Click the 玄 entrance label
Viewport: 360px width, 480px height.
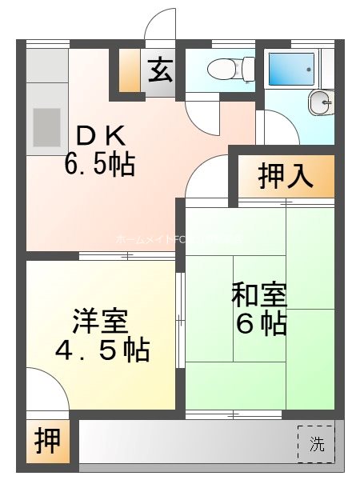coord(159,70)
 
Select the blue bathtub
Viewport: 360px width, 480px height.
coord(291,69)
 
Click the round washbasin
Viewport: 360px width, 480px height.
coord(320,101)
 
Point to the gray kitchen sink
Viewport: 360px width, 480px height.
coord(46,126)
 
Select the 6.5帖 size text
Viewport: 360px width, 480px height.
coord(99,165)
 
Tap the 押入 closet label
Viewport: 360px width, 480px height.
coord(285,178)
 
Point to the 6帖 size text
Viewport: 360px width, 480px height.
coord(261,324)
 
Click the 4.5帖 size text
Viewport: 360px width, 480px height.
coord(102,350)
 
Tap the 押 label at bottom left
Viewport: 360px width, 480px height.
coord(47,442)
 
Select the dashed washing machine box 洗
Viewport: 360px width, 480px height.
coord(317,445)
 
